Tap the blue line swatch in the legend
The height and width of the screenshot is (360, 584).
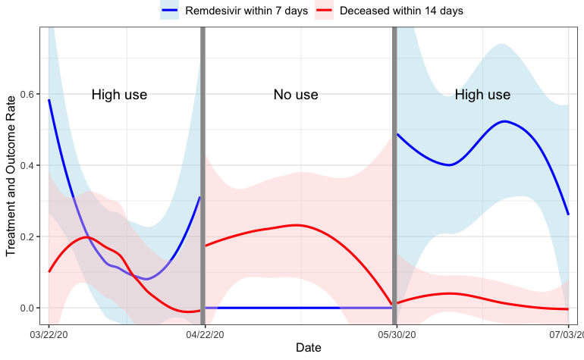[169, 11]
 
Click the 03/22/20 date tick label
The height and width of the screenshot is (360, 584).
[49, 333]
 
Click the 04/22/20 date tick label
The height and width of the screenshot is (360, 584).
[203, 333]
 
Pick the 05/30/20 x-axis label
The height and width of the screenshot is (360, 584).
[394, 333]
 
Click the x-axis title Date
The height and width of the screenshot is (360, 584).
[308, 347]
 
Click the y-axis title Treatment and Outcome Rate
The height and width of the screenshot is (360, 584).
[11, 176]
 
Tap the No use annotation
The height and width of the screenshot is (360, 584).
[296, 95]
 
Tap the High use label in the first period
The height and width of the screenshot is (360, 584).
[119, 95]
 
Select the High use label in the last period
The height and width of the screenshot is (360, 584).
[482, 95]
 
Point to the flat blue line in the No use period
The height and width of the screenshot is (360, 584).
[296, 308]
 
